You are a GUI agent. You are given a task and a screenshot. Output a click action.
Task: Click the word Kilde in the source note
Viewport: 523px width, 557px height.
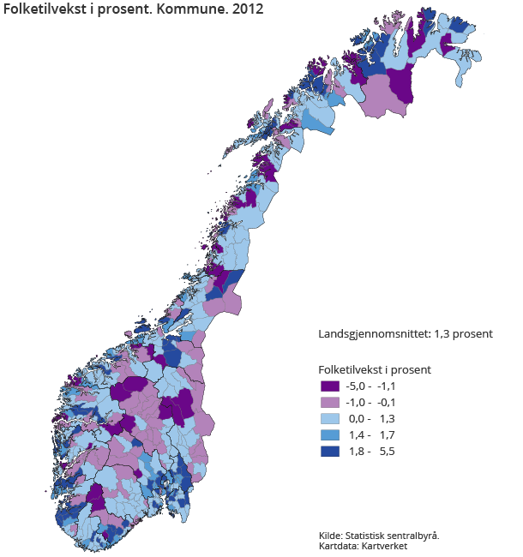click(x=330, y=535)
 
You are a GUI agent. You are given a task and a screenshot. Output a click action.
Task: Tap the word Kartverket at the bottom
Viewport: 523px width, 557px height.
click(x=384, y=546)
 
